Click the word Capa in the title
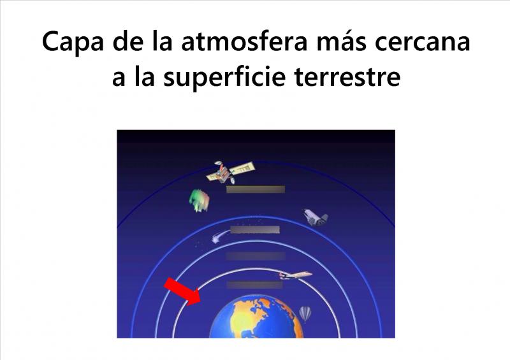click(x=73, y=42)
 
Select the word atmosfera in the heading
click(x=244, y=41)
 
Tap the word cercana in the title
click(x=423, y=42)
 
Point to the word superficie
click(x=224, y=78)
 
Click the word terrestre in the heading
click(x=347, y=78)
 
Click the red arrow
click(x=182, y=292)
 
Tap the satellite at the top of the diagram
click(x=230, y=171)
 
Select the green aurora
click(x=199, y=200)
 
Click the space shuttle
click(x=315, y=217)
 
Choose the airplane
click(x=295, y=275)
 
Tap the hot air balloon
click(x=305, y=314)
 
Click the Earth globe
click(x=256, y=317)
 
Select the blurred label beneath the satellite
click(x=256, y=189)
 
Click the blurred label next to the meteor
click(x=255, y=229)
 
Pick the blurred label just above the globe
click(x=254, y=285)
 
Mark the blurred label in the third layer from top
click(x=256, y=256)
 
